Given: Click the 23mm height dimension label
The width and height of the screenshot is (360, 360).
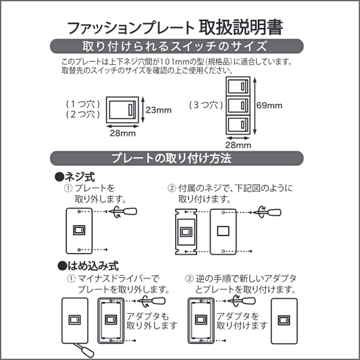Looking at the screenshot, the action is click(x=159, y=110).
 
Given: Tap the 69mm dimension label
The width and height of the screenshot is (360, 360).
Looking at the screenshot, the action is click(x=269, y=105).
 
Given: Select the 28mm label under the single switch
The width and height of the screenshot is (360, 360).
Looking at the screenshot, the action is click(x=123, y=133).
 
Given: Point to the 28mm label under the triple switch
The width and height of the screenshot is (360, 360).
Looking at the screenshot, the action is click(x=238, y=145).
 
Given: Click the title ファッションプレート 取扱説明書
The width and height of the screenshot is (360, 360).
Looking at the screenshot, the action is click(x=175, y=28).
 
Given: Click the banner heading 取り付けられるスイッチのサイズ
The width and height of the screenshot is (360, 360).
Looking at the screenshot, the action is click(x=175, y=46).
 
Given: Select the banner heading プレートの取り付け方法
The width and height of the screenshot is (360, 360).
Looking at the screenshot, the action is click(x=171, y=158).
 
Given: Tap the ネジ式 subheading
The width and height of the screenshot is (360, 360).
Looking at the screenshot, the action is click(x=75, y=177).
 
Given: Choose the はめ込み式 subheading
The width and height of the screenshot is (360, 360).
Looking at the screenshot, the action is click(x=88, y=266).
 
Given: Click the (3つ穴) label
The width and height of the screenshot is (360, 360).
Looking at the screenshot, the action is click(x=206, y=105).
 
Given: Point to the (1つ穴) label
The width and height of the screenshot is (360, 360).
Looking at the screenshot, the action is click(x=83, y=104).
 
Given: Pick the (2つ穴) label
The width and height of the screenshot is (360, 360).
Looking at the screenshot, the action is click(x=83, y=114).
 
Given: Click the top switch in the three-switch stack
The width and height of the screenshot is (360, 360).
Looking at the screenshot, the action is click(x=238, y=86).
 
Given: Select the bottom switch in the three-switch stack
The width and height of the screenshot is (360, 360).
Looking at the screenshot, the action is click(x=238, y=125).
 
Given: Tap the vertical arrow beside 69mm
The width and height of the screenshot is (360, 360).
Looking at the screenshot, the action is click(x=255, y=106).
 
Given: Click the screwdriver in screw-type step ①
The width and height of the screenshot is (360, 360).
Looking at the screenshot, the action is click(x=123, y=211).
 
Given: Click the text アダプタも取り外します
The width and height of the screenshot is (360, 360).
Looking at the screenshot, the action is click(x=152, y=321).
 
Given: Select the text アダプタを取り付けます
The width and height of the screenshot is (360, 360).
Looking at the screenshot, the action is click(x=242, y=321).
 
